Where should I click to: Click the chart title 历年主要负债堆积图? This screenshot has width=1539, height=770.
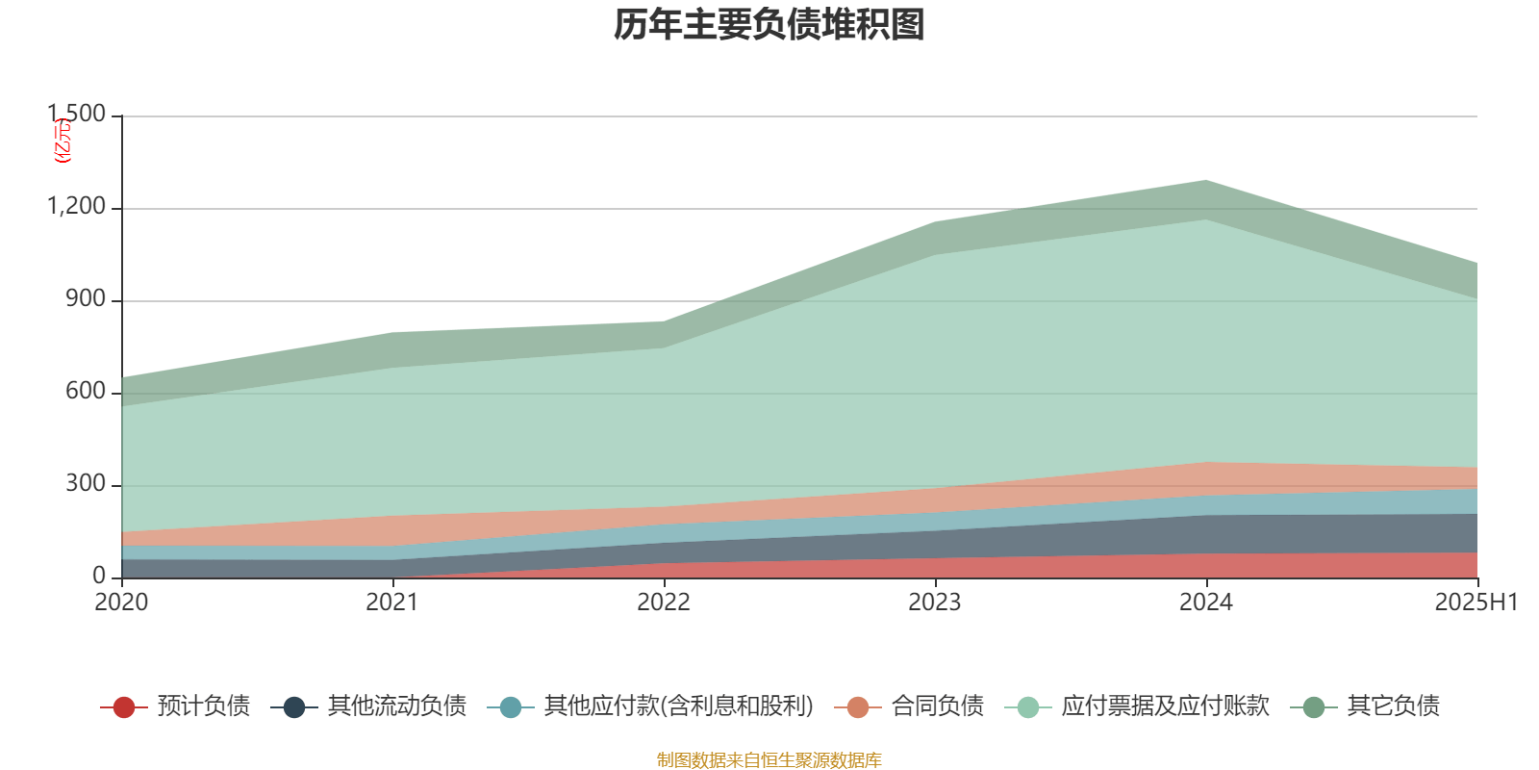(769, 25)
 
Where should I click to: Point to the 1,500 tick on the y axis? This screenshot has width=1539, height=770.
(78, 115)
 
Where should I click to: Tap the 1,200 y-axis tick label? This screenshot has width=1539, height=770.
(78, 207)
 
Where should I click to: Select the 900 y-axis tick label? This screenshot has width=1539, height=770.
(86, 299)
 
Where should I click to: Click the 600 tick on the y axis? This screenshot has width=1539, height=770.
(86, 392)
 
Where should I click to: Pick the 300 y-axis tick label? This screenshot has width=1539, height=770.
(86, 484)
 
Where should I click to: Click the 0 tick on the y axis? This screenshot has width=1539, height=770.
(99, 576)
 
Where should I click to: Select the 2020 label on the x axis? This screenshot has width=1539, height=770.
(121, 603)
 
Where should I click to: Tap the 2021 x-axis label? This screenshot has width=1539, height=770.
(392, 603)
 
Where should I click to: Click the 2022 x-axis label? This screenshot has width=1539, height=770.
(664, 603)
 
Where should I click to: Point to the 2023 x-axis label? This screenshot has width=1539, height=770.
(935, 603)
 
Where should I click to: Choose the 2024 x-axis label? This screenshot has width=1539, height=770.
(1206, 603)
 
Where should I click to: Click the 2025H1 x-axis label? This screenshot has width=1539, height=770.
(1476, 603)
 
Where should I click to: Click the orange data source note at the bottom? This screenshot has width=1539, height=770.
(769, 760)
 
